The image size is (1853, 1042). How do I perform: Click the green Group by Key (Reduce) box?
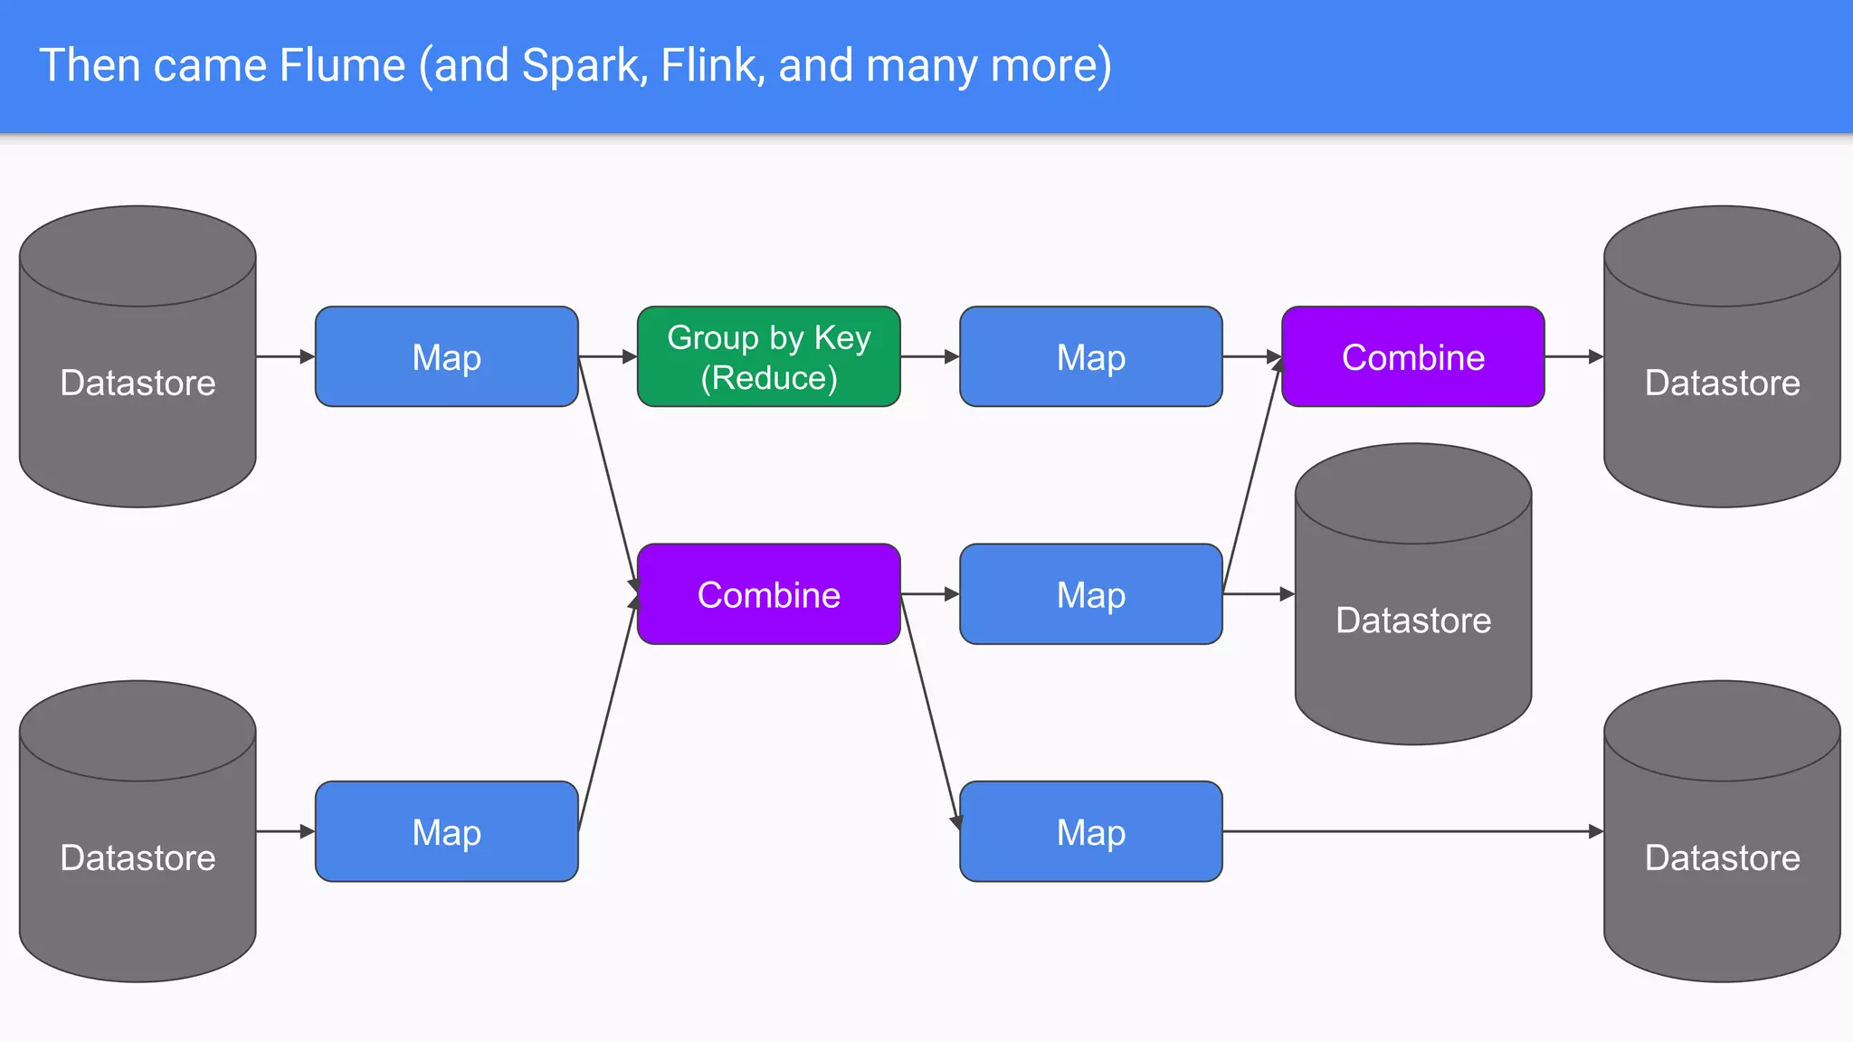point(768,356)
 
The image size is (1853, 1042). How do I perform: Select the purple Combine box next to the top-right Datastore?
point(1412,356)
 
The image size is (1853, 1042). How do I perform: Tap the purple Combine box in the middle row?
point(768,594)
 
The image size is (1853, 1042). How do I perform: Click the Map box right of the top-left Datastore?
point(446,356)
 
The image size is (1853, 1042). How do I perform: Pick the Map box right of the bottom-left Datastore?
point(446,831)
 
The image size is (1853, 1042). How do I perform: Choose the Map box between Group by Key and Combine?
point(1090,356)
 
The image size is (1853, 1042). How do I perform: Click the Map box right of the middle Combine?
point(1090,594)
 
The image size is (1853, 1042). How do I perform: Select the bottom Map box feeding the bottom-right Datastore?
point(1090,831)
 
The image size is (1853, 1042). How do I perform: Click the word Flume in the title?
point(342,65)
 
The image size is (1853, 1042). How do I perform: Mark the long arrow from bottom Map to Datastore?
point(1411,831)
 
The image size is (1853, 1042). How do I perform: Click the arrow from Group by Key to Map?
point(929,356)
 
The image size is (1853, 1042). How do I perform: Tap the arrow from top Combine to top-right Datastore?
point(1573,356)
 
